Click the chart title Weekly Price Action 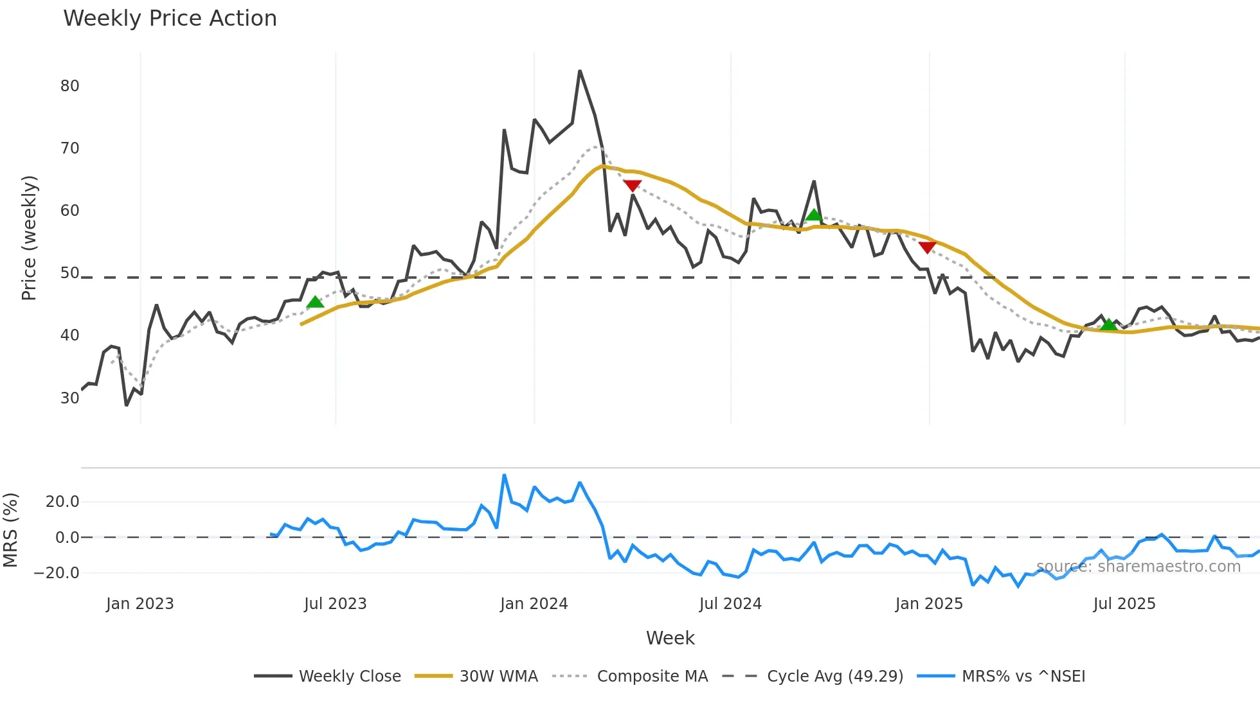(170, 19)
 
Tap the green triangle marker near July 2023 (315, 302)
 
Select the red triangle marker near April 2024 (633, 186)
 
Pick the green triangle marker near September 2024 (814, 215)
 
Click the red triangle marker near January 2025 (927, 247)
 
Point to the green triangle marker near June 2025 (1109, 324)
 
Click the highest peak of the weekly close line (580, 71)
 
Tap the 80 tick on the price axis (69, 86)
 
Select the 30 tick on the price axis (69, 398)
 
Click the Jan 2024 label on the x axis (534, 604)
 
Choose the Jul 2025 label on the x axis (1124, 604)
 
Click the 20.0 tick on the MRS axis (62, 502)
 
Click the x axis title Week (670, 638)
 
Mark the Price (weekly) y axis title (30, 238)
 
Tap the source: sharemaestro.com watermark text (1138, 566)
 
